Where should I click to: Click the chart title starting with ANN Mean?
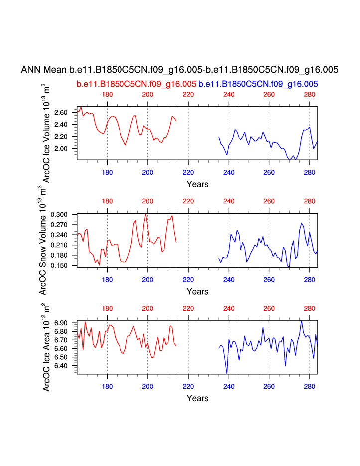(180, 70)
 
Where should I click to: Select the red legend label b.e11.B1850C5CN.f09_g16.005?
(136, 84)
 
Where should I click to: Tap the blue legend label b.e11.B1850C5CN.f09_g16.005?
(258, 84)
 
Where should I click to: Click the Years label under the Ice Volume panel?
(197, 184)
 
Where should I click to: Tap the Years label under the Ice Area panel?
(197, 398)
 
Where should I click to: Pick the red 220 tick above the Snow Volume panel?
(188, 201)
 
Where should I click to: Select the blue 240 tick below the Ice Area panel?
(229, 386)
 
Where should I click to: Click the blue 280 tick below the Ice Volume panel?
(309, 172)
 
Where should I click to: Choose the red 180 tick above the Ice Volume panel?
(107, 94)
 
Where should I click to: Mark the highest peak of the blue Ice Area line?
(302, 320)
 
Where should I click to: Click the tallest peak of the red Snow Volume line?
(145, 214)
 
